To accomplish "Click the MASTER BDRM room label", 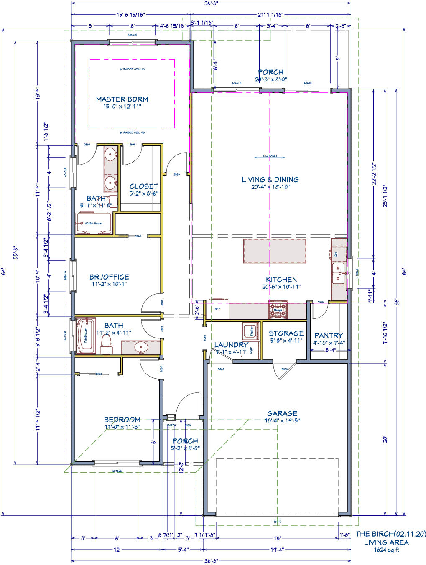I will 122,99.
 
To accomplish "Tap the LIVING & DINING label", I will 270,180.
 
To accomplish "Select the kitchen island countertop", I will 274,251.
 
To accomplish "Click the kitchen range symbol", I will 278,310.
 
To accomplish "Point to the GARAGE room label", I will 282,413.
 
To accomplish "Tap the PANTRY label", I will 328,336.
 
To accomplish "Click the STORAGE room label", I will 286,333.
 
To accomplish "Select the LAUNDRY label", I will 231,345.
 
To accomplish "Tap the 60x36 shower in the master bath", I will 94,224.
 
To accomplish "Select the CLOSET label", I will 143,186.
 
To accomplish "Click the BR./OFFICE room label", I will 109,277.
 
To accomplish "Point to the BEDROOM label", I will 122,420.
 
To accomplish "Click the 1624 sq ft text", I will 386,550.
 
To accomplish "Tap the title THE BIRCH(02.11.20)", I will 390,534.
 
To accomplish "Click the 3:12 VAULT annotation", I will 270,156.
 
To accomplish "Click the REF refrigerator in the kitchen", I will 218,309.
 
